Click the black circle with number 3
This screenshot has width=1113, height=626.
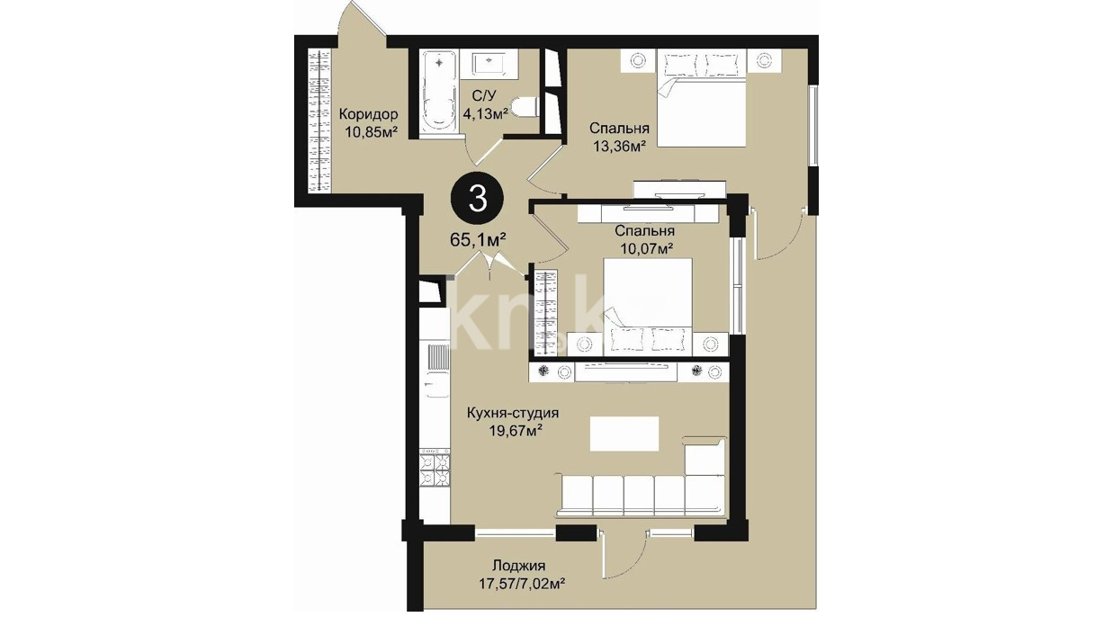click(477, 199)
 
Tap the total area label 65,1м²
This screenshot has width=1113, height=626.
click(478, 240)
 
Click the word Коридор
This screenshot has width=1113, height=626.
click(368, 115)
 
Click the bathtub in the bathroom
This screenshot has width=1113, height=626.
click(438, 94)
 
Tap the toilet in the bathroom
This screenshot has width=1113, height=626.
click(525, 107)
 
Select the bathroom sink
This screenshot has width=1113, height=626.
click(489, 64)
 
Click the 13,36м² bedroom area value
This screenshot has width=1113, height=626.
click(619, 146)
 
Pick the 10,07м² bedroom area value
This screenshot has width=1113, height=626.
click(646, 248)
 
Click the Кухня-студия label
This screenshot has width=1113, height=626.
click(513, 414)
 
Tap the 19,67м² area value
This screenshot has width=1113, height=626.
click(516, 431)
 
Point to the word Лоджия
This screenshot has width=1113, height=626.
click(519, 566)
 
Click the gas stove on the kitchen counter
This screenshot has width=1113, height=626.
click(435, 470)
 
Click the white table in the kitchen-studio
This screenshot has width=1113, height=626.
click(624, 434)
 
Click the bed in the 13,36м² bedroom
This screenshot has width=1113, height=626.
click(702, 98)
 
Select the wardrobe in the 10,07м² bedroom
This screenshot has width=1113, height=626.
click(546, 312)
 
